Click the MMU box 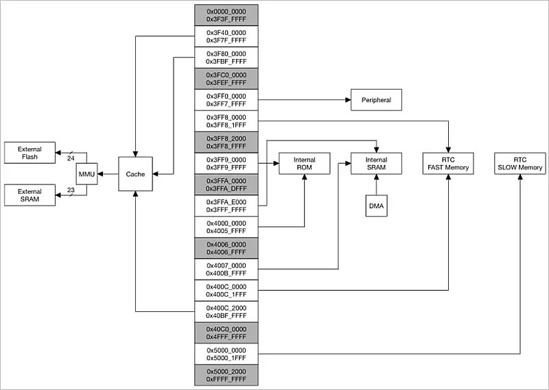coord(86,174)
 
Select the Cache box coord(135,174)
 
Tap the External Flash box coord(30,153)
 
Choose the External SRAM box coord(30,195)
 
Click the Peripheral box coord(376,100)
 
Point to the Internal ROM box coord(305,164)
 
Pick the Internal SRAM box coord(376,164)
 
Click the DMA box coord(376,206)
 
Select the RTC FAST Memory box coord(448,164)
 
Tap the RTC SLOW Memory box coord(519,164)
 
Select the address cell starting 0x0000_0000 coord(226,15)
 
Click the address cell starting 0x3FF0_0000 coord(226,100)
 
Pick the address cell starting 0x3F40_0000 coord(226,36)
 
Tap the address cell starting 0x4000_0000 coord(226,227)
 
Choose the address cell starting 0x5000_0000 coord(226,354)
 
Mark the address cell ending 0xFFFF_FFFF coord(226,375)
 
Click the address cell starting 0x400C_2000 coord(226,312)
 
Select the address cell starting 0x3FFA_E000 coord(226,206)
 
